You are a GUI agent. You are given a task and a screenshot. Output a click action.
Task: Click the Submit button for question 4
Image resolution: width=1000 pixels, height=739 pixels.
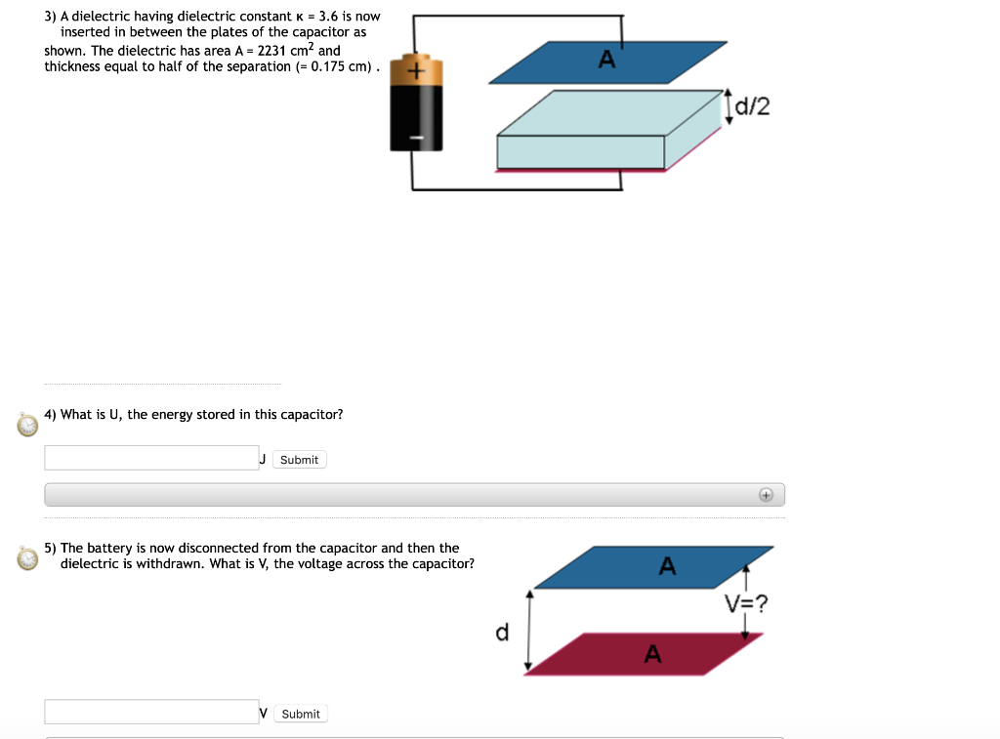click(x=299, y=460)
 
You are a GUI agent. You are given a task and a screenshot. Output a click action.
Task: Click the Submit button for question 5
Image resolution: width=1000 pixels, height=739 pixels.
click(x=300, y=714)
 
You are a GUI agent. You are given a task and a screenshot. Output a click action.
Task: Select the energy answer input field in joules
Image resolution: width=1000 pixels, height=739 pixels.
click(x=151, y=458)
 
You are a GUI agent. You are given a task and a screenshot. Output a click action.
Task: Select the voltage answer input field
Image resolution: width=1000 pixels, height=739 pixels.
click(x=151, y=712)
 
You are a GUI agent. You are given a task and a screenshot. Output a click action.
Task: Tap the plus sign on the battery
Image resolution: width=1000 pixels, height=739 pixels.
click(x=416, y=72)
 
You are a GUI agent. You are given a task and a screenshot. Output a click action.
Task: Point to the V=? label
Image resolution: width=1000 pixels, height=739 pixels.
click(x=746, y=603)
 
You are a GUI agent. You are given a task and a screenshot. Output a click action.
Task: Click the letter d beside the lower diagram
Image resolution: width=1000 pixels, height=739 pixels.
click(x=502, y=634)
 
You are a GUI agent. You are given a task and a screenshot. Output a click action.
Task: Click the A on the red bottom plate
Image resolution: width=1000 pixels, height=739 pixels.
click(x=653, y=655)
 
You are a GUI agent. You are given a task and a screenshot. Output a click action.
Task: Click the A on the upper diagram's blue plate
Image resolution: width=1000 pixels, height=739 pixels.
click(x=606, y=61)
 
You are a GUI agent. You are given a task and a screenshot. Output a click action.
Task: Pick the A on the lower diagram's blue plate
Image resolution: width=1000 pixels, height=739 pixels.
click(x=667, y=565)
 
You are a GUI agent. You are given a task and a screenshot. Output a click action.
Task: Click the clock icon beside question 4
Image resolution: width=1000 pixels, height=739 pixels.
click(x=28, y=425)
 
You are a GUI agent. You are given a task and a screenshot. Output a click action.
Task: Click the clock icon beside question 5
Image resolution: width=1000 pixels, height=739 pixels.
click(x=28, y=558)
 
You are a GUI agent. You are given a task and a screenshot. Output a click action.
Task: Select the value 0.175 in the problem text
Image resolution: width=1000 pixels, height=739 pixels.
click(x=327, y=66)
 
